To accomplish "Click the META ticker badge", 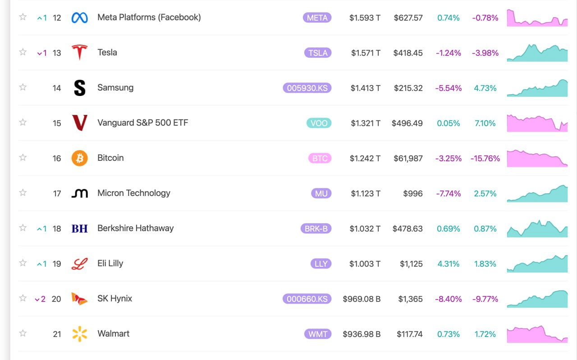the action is tap(317, 18).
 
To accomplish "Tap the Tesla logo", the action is tap(80, 52).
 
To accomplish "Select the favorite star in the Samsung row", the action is tap(23, 87).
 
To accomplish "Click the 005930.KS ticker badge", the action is tap(307, 88).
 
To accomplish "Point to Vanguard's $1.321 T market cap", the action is tap(366, 123).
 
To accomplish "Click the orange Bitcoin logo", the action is tap(80, 158).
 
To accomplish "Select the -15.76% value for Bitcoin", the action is tap(485, 158).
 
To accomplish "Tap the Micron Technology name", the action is tap(134, 193).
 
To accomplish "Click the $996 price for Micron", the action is tap(412, 193).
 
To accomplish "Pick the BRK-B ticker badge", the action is tap(316, 229).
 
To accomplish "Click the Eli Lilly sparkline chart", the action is tap(537, 264).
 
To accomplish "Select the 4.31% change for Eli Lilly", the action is tap(449, 264).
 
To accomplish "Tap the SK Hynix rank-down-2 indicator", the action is tap(40, 299).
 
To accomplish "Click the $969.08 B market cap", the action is tap(362, 299).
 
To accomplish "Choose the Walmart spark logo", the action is tap(80, 334).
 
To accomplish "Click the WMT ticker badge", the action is tap(318, 334).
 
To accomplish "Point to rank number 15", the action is tap(57, 123).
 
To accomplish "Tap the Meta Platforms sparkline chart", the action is tap(537, 18).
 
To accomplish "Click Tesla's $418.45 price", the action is tap(408, 53).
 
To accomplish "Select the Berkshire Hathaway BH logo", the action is tap(80, 229).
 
